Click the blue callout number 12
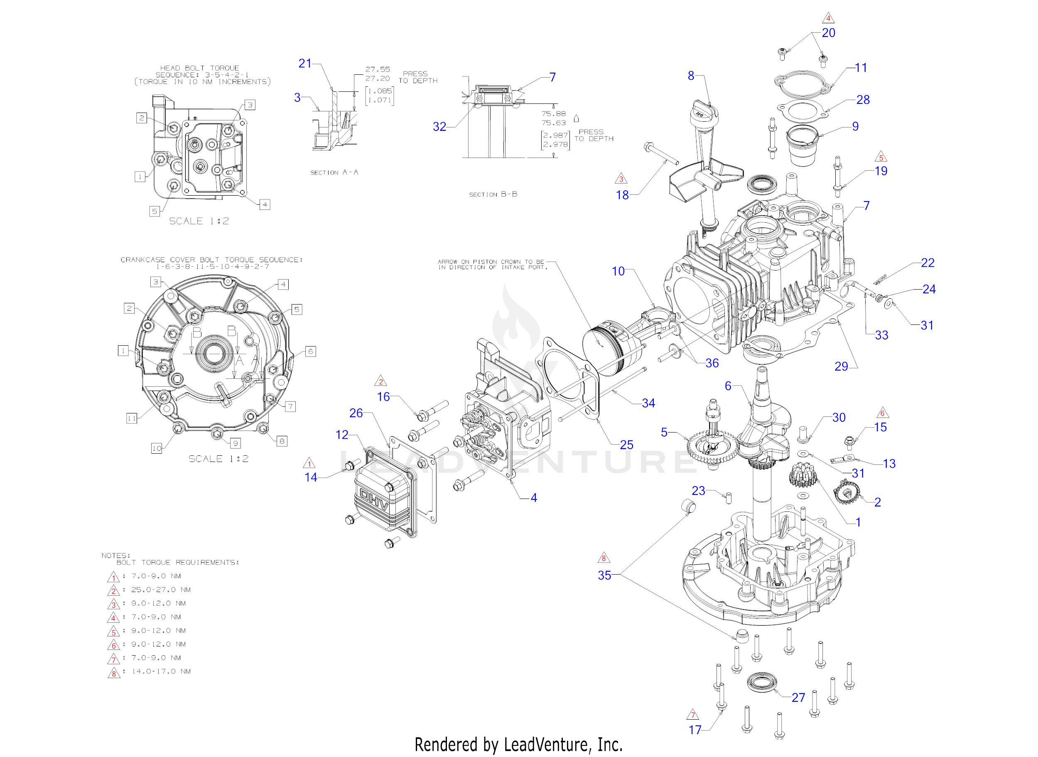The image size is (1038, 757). pyautogui.click(x=342, y=435)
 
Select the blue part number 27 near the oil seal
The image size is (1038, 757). pyautogui.click(x=798, y=698)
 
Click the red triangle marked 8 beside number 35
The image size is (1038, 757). pyautogui.click(x=604, y=558)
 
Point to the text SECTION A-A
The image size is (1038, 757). pyautogui.click(x=334, y=172)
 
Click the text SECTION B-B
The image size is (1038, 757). pyautogui.click(x=493, y=194)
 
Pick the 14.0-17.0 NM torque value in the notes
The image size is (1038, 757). pyautogui.click(x=161, y=671)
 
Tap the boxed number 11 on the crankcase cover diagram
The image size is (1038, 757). pyautogui.click(x=132, y=418)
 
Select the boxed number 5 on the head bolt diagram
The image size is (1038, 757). pyautogui.click(x=155, y=211)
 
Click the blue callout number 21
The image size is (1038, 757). pyautogui.click(x=304, y=63)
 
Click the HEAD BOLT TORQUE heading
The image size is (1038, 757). pyautogui.click(x=200, y=68)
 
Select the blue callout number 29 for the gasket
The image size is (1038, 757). pyautogui.click(x=841, y=366)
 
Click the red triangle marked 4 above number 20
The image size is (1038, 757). pyautogui.click(x=828, y=18)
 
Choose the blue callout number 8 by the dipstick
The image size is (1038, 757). pyautogui.click(x=691, y=76)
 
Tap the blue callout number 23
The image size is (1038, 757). pyautogui.click(x=698, y=491)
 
